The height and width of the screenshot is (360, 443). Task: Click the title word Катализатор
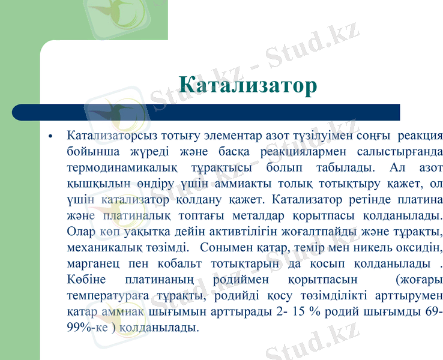point(248,85)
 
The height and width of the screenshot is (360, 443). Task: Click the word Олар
point(82,230)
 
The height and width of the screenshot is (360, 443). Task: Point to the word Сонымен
point(229,247)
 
